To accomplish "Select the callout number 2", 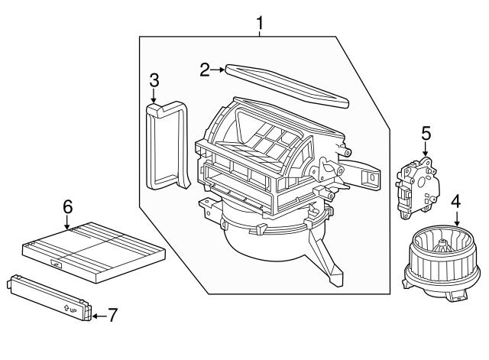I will pyautogui.click(x=205, y=70).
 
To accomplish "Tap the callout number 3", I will pyautogui.click(x=154, y=79).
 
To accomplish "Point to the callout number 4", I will pyautogui.click(x=455, y=202).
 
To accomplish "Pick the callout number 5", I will pyautogui.click(x=426, y=134).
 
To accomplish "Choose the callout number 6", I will pyautogui.click(x=67, y=206).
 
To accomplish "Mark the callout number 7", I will pyautogui.click(x=112, y=314).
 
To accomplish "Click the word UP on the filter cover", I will pyautogui.click(x=73, y=310).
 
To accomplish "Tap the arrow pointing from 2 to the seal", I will pyautogui.click(x=218, y=70).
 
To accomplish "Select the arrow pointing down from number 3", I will pyautogui.click(x=154, y=97).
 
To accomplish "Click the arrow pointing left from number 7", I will pyautogui.click(x=98, y=314).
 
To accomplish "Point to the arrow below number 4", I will pyautogui.click(x=455, y=219).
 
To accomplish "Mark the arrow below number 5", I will pyautogui.click(x=426, y=151).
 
